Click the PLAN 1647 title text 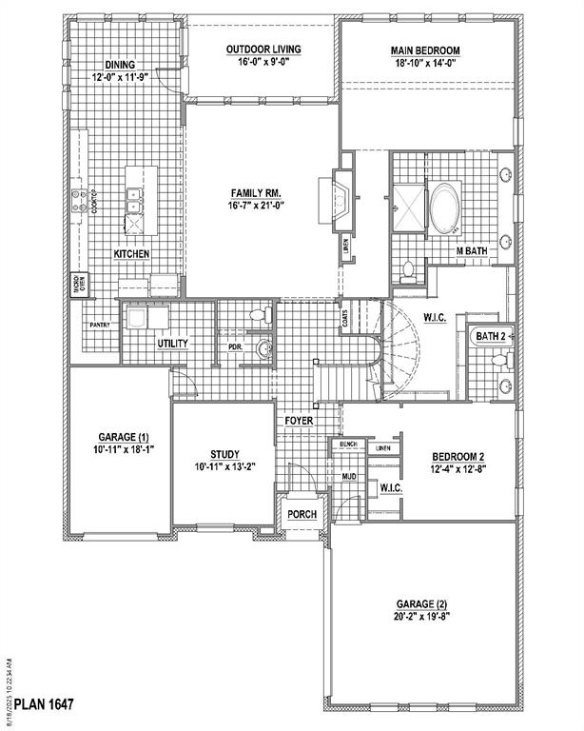pyautogui.click(x=39, y=703)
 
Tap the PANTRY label pyautogui.click(x=100, y=325)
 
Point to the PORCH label pyautogui.click(x=302, y=514)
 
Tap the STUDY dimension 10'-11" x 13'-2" pyautogui.click(x=224, y=467)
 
